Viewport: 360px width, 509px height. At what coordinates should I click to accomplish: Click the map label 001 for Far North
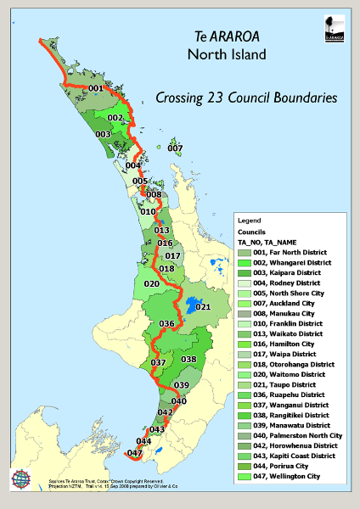pos(95,88)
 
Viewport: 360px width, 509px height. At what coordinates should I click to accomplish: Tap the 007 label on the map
pos(175,148)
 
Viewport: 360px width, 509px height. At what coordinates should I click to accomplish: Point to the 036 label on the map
pos(166,324)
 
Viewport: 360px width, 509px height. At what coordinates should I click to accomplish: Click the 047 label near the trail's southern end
pos(134,454)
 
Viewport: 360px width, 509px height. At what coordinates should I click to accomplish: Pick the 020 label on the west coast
pos(151,283)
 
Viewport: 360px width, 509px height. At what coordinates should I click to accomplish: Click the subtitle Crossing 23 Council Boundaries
pos(246,98)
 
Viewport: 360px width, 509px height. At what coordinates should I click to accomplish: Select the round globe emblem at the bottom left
pos(21,480)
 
